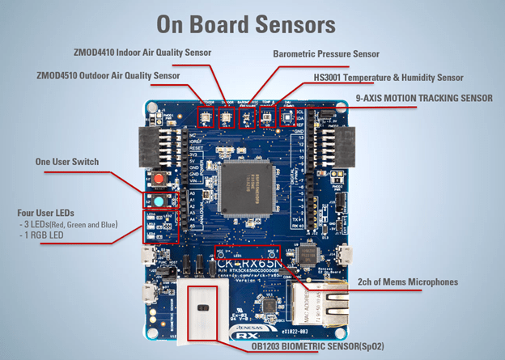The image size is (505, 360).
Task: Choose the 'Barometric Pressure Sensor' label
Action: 326,54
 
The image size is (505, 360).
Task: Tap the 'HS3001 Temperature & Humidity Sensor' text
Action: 388,78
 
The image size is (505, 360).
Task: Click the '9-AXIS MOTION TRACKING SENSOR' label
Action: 423,98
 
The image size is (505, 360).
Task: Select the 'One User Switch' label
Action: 68,162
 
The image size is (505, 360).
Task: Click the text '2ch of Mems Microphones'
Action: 407,282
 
